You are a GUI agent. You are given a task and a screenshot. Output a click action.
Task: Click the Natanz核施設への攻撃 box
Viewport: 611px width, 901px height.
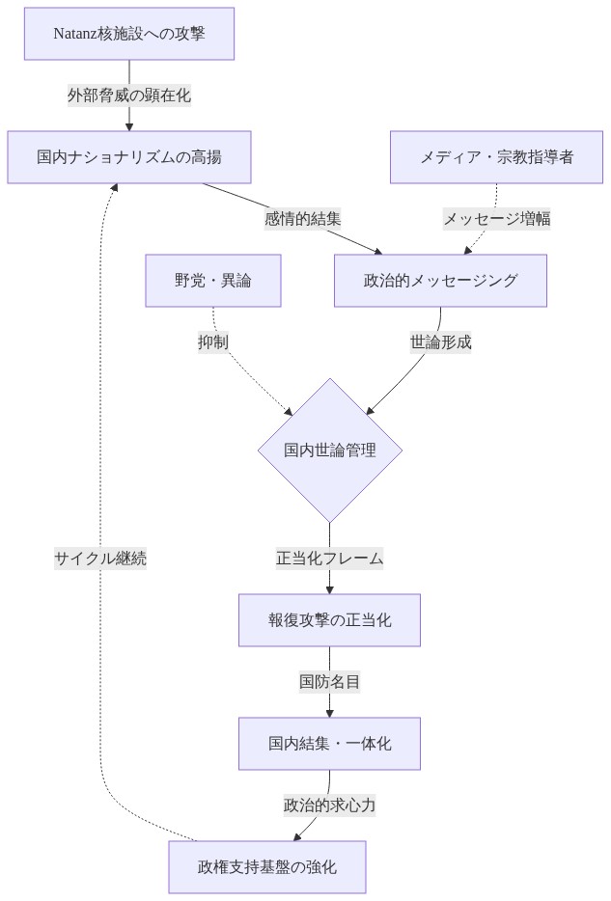129,34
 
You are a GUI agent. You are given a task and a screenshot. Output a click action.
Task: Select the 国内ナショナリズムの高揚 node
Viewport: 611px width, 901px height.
129,157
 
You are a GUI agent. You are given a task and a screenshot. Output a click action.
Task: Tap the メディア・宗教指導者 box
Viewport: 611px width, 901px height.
496,157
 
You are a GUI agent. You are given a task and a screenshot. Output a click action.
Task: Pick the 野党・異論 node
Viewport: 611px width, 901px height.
213,281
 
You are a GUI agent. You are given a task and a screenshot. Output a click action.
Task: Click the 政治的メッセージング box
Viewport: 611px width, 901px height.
440,281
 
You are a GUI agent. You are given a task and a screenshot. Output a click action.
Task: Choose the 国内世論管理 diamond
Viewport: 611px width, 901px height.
329,450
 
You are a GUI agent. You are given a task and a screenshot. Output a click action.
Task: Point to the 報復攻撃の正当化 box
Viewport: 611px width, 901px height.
329,619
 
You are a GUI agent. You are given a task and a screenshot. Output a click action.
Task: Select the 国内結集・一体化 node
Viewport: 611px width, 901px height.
329,743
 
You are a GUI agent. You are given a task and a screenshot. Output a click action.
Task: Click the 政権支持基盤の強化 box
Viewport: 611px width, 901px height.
267,866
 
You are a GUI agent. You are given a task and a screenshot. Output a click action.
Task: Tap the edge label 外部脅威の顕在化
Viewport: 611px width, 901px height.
129,96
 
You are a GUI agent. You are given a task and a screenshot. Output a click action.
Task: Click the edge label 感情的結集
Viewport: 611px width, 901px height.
303,219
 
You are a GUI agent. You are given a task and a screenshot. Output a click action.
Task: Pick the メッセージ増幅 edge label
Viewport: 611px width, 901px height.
496,219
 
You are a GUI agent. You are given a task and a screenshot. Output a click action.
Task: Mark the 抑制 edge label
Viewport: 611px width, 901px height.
213,341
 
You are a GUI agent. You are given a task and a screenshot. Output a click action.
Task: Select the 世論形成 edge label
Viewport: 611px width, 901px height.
440,341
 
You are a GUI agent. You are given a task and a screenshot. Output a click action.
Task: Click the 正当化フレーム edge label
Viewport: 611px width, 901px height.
329,558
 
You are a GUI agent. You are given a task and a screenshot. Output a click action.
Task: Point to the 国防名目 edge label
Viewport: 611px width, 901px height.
329,682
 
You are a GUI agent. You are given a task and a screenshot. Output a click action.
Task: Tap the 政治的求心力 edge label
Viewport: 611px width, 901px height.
329,805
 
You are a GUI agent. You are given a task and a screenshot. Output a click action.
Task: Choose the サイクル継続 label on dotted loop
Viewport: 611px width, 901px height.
100,558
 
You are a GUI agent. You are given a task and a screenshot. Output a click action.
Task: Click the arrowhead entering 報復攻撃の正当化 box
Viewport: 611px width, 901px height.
329,588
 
